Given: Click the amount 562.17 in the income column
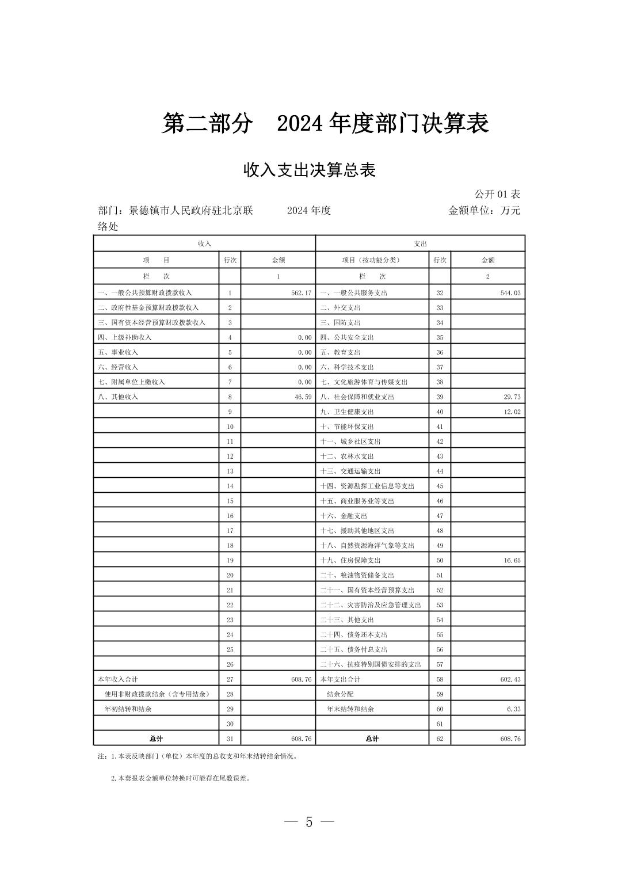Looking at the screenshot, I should pyautogui.click(x=301, y=293).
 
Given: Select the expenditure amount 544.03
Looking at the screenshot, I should pyautogui.click(x=510, y=293).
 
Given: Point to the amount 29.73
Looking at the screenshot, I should pyautogui.click(x=512, y=397).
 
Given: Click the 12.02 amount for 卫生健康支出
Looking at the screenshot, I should pyautogui.click(x=512, y=412).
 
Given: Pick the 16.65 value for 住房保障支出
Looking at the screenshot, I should pyautogui.click(x=512, y=560).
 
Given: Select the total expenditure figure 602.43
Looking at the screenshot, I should pyautogui.click(x=510, y=679).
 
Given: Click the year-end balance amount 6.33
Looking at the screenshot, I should pyautogui.click(x=514, y=709).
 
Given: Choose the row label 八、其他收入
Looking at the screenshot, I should pyautogui.click(x=118, y=397).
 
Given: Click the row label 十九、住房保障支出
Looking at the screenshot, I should pyautogui.click(x=350, y=560).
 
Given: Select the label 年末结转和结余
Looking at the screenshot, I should pyautogui.click(x=350, y=709).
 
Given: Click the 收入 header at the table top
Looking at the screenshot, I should pyautogui.click(x=204, y=244).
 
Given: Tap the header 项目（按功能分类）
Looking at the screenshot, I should pyautogui.click(x=371, y=260).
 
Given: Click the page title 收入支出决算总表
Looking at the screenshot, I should pyautogui.click(x=309, y=170).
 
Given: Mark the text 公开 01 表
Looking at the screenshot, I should pyautogui.click(x=497, y=194).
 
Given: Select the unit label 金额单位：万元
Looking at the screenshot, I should pyautogui.click(x=484, y=210).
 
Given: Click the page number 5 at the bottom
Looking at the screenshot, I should pyautogui.click(x=309, y=822).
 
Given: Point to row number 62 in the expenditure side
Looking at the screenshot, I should pyautogui.click(x=440, y=739).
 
